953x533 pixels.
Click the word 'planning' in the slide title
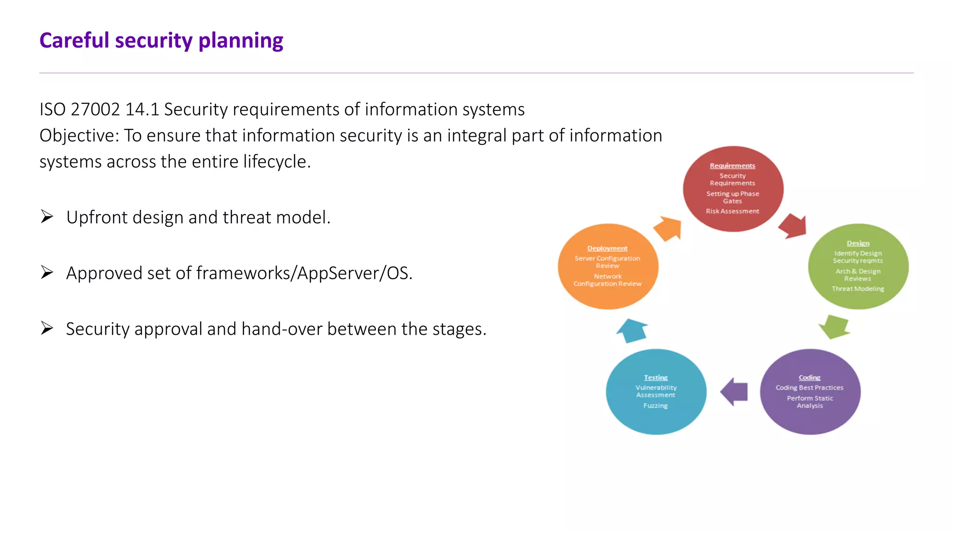click(x=241, y=41)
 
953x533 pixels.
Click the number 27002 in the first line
click(x=95, y=109)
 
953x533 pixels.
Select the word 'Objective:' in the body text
click(x=79, y=135)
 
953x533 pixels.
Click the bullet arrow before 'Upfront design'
click(x=47, y=217)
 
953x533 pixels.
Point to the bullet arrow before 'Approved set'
click(x=47, y=272)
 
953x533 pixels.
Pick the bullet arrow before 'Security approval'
click(x=47, y=328)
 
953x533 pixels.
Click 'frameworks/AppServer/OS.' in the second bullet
click(x=304, y=273)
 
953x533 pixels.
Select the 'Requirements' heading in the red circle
click(x=732, y=166)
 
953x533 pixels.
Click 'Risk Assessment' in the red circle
click(x=732, y=211)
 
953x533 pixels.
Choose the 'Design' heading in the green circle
click(x=858, y=243)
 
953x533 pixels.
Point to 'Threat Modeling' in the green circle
click(x=858, y=289)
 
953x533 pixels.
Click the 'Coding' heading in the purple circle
click(x=810, y=378)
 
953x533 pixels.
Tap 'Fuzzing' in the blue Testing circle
click(x=655, y=405)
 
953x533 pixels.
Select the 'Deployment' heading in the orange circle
click(x=607, y=248)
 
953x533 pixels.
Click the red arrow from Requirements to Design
click(x=793, y=226)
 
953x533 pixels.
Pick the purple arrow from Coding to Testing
click(x=734, y=391)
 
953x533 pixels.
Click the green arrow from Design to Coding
click(x=834, y=326)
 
